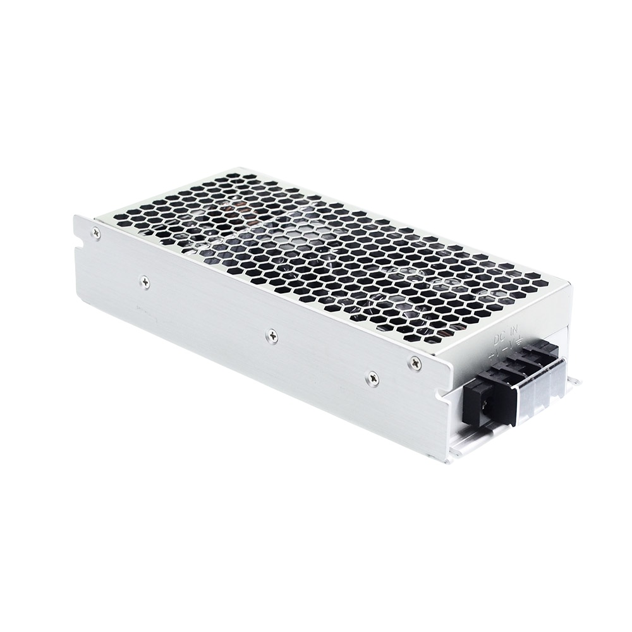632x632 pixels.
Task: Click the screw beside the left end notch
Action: [96, 234]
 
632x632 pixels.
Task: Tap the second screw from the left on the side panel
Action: [145, 282]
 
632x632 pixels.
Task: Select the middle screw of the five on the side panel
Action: [272, 337]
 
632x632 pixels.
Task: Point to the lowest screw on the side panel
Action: [373, 378]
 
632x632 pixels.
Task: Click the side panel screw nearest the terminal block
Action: [415, 363]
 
